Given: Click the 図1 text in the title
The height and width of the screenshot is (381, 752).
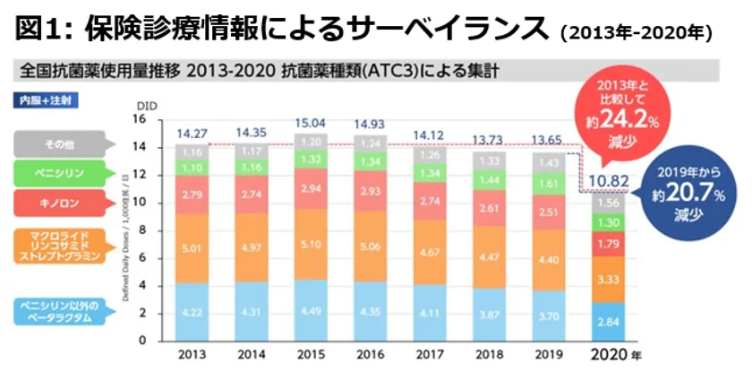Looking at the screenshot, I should click(44, 29).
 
